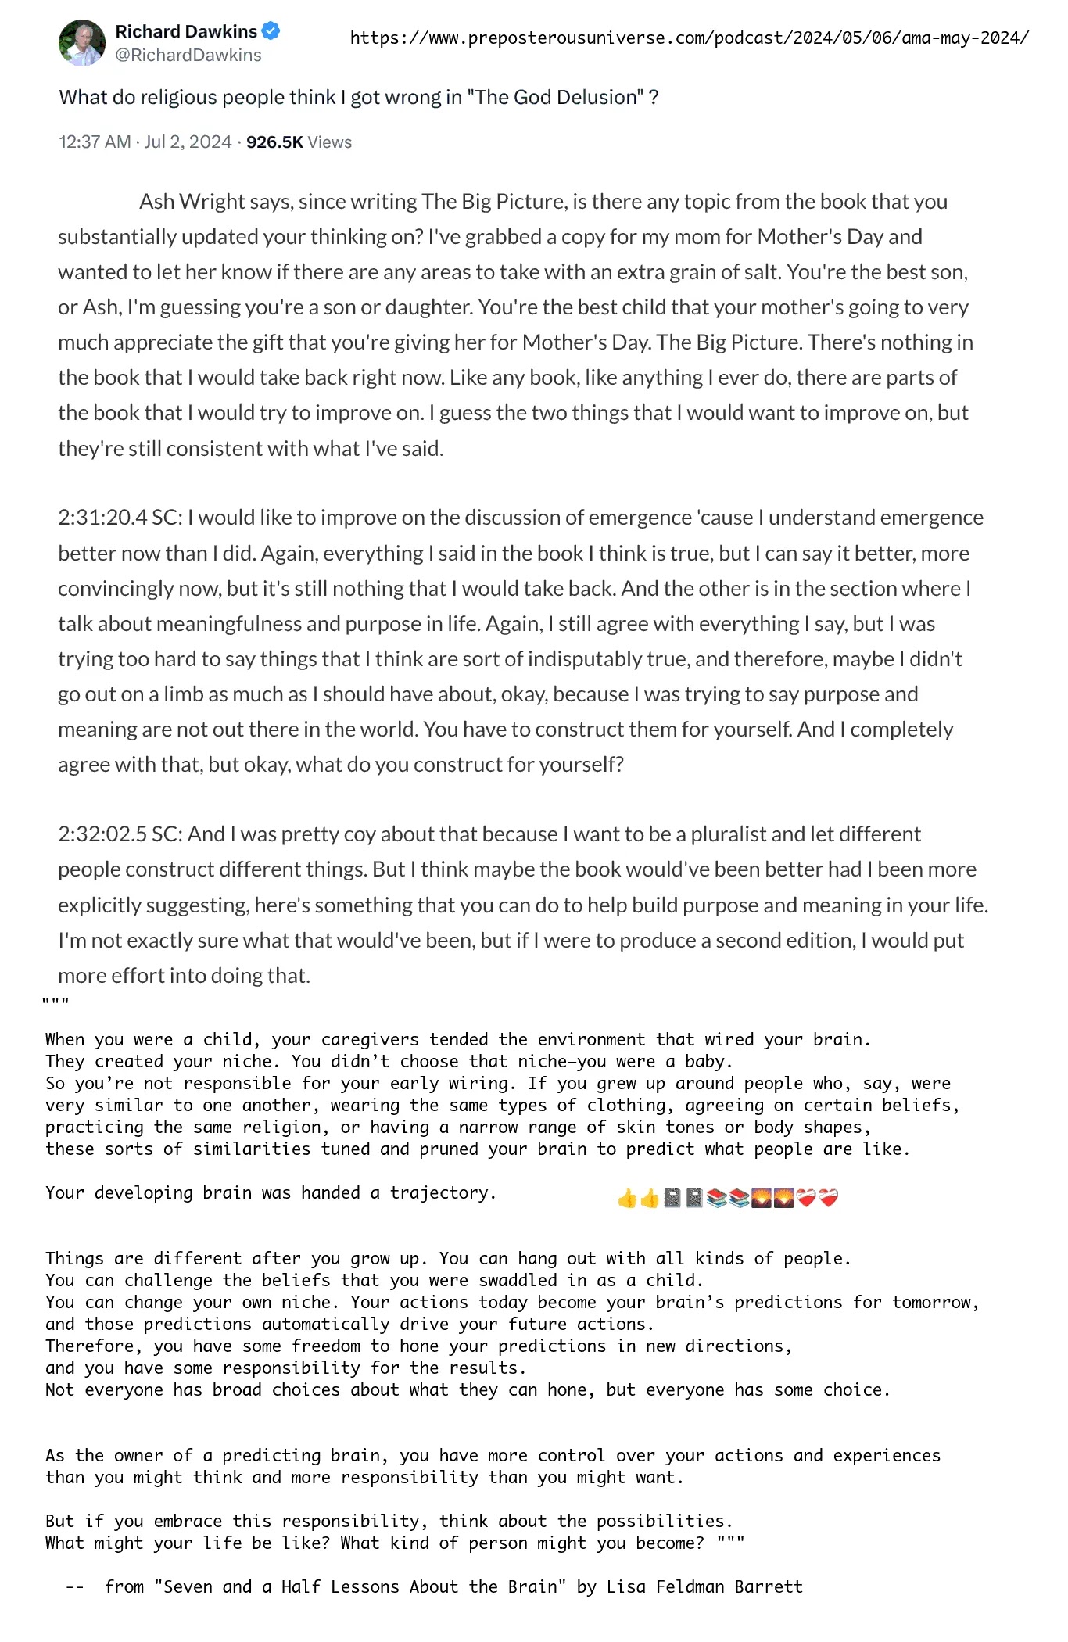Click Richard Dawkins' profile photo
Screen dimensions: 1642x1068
pyautogui.click(x=81, y=43)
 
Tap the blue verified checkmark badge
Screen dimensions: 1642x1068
pyautogui.click(x=271, y=31)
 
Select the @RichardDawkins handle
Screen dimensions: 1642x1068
pyautogui.click(x=188, y=55)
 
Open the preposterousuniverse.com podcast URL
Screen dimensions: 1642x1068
pyautogui.click(x=689, y=38)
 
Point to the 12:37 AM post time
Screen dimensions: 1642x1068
pyautogui.click(x=95, y=142)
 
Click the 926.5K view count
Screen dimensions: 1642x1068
pyautogui.click(x=274, y=142)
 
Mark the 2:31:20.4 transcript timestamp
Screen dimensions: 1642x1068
pyautogui.click(x=102, y=518)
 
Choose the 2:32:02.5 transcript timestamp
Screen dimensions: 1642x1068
pyautogui.click(x=102, y=834)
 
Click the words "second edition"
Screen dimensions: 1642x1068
pyautogui.click(x=790, y=941)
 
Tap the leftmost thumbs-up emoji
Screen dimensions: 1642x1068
pyautogui.click(x=627, y=1198)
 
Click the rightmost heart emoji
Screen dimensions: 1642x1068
pyautogui.click(x=828, y=1198)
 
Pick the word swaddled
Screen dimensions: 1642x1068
pyautogui.click(x=527, y=1281)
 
